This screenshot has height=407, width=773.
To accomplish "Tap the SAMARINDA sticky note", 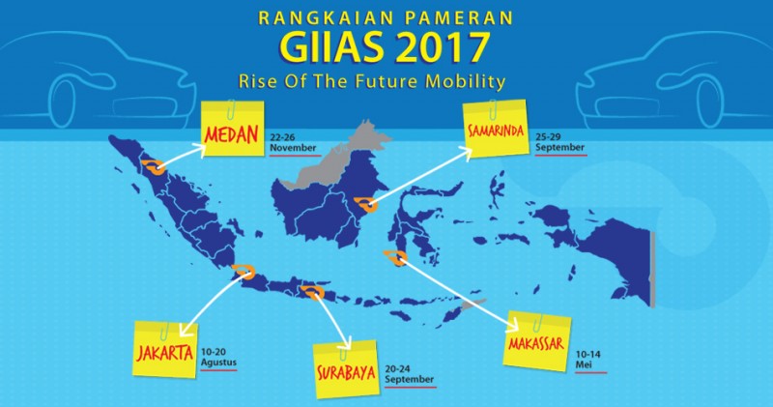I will point(494,132).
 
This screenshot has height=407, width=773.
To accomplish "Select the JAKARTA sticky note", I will point(165,347).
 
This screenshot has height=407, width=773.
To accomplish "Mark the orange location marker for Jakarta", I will point(243,271).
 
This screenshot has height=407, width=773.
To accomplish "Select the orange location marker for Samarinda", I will point(366,204).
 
